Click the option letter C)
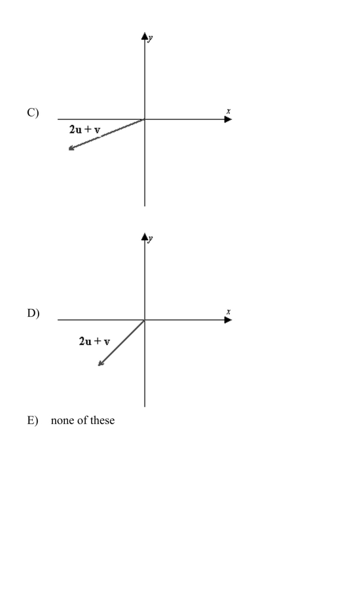pyautogui.click(x=33, y=113)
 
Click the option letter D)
pyautogui.click(x=33, y=313)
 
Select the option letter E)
pyautogui.click(x=33, y=420)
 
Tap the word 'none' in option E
pyautogui.click(x=60, y=421)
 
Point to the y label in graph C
pyautogui.click(x=151, y=38)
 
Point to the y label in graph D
pyautogui.click(x=151, y=238)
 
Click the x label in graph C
pyautogui.click(x=228, y=111)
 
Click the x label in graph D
pyautogui.click(x=228, y=312)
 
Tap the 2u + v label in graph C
pyautogui.click(x=85, y=130)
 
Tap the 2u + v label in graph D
pyautogui.click(x=95, y=342)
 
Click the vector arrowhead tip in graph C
pyautogui.click(x=69, y=150)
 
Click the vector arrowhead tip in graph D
pyautogui.click(x=98, y=366)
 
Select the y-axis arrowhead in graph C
pyautogui.click(x=145, y=36)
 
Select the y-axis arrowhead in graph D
pyautogui.click(x=145, y=237)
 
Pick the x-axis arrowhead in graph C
pyautogui.click(x=228, y=120)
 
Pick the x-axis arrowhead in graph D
pyautogui.click(x=228, y=320)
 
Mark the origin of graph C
pyautogui.click(x=145, y=120)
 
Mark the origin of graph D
pyautogui.click(x=145, y=320)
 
